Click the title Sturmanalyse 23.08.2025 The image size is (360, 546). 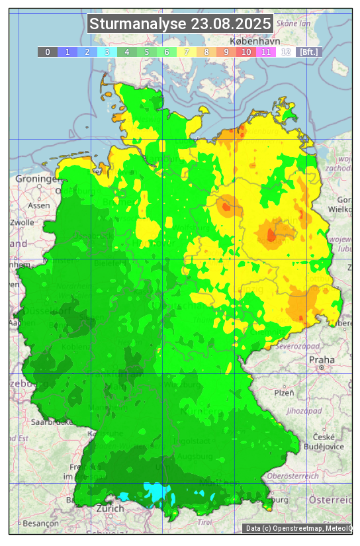tap(180, 24)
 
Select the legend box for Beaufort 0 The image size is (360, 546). tap(48, 52)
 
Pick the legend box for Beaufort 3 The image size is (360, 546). tap(107, 52)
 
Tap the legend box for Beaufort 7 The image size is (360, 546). tap(187, 52)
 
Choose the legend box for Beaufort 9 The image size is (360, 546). tap(226, 52)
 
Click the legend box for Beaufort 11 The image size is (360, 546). tap(266, 52)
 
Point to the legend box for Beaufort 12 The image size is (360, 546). tap(286, 52)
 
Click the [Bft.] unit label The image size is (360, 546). tap(308, 52)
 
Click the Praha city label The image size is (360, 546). tap(322, 359)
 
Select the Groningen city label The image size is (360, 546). tap(37, 179)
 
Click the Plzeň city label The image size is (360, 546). tap(284, 392)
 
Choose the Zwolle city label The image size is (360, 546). tap(21, 222)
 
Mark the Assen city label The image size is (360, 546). tap(39, 205)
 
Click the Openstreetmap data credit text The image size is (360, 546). tap(298, 528)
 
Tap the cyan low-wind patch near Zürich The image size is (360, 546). tap(158, 492)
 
